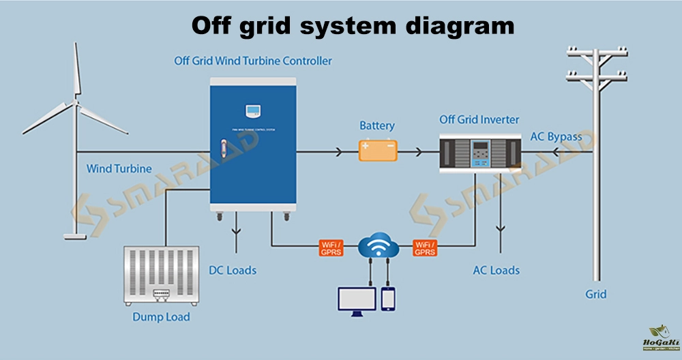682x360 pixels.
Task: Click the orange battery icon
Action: point(378,150)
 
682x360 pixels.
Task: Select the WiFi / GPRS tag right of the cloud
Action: point(424,247)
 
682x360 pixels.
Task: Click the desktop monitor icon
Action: point(357,301)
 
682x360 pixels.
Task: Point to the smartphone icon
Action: point(388,299)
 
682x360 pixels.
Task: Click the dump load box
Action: point(161,275)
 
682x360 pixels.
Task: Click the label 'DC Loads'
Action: point(233,271)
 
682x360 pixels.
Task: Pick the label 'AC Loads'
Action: point(496,271)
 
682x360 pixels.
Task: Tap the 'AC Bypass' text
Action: point(556,136)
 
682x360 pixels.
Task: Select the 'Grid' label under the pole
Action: point(595,295)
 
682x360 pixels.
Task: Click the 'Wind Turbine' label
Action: point(119,168)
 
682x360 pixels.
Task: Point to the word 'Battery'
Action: point(377,126)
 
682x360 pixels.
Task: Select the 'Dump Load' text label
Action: point(161,317)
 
